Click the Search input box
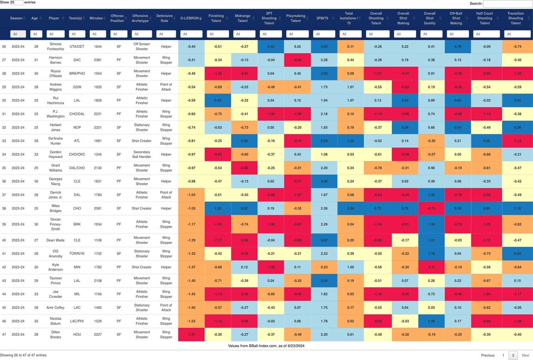pyautogui.click(x=507, y=3)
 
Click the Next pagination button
pyautogui.click(x=525, y=355)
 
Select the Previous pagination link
pyautogui.click(x=488, y=355)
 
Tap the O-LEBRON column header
pyautogui.click(x=191, y=18)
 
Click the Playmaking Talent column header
pyautogui.click(x=296, y=18)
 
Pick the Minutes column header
pyautogui.click(x=96, y=18)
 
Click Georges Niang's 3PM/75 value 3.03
pyautogui.click(x=324, y=181)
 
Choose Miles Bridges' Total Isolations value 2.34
pyautogui.click(x=350, y=208)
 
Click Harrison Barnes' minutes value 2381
pyautogui.click(x=96, y=60)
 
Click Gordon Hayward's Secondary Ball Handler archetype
pyautogui.click(x=142, y=154)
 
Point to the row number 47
pyautogui.click(x=4, y=334)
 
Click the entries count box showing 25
pyautogui.click(x=16, y=2)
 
